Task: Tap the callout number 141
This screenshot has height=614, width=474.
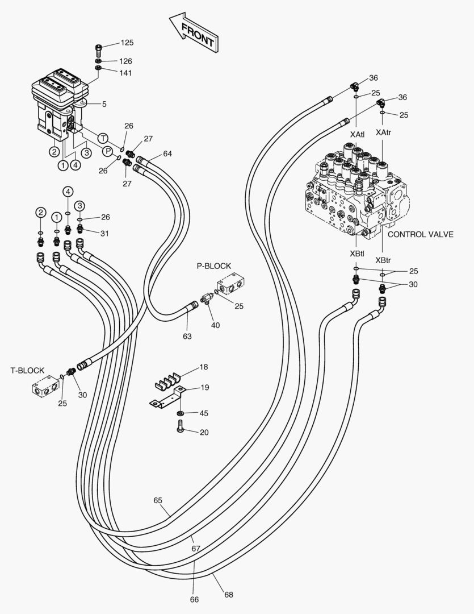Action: tap(126, 72)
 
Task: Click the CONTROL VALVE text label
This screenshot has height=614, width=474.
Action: tap(420, 234)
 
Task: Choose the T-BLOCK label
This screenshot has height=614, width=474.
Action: tap(27, 370)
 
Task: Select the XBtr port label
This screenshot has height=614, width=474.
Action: tap(383, 260)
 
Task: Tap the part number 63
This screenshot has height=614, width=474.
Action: tap(187, 336)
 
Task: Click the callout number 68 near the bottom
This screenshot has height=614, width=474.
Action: tap(228, 595)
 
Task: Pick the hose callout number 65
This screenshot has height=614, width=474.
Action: tap(158, 500)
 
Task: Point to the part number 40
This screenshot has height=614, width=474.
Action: tap(215, 325)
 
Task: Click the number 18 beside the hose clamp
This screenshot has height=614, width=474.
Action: tap(204, 367)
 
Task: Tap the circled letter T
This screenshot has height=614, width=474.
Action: tap(103, 138)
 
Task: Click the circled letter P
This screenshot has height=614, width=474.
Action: tap(107, 151)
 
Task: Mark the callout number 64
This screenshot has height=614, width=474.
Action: tap(167, 153)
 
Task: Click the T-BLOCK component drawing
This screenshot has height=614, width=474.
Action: tap(44, 389)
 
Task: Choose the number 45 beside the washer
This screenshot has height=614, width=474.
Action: tap(204, 413)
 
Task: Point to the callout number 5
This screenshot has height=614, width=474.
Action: tap(104, 104)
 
